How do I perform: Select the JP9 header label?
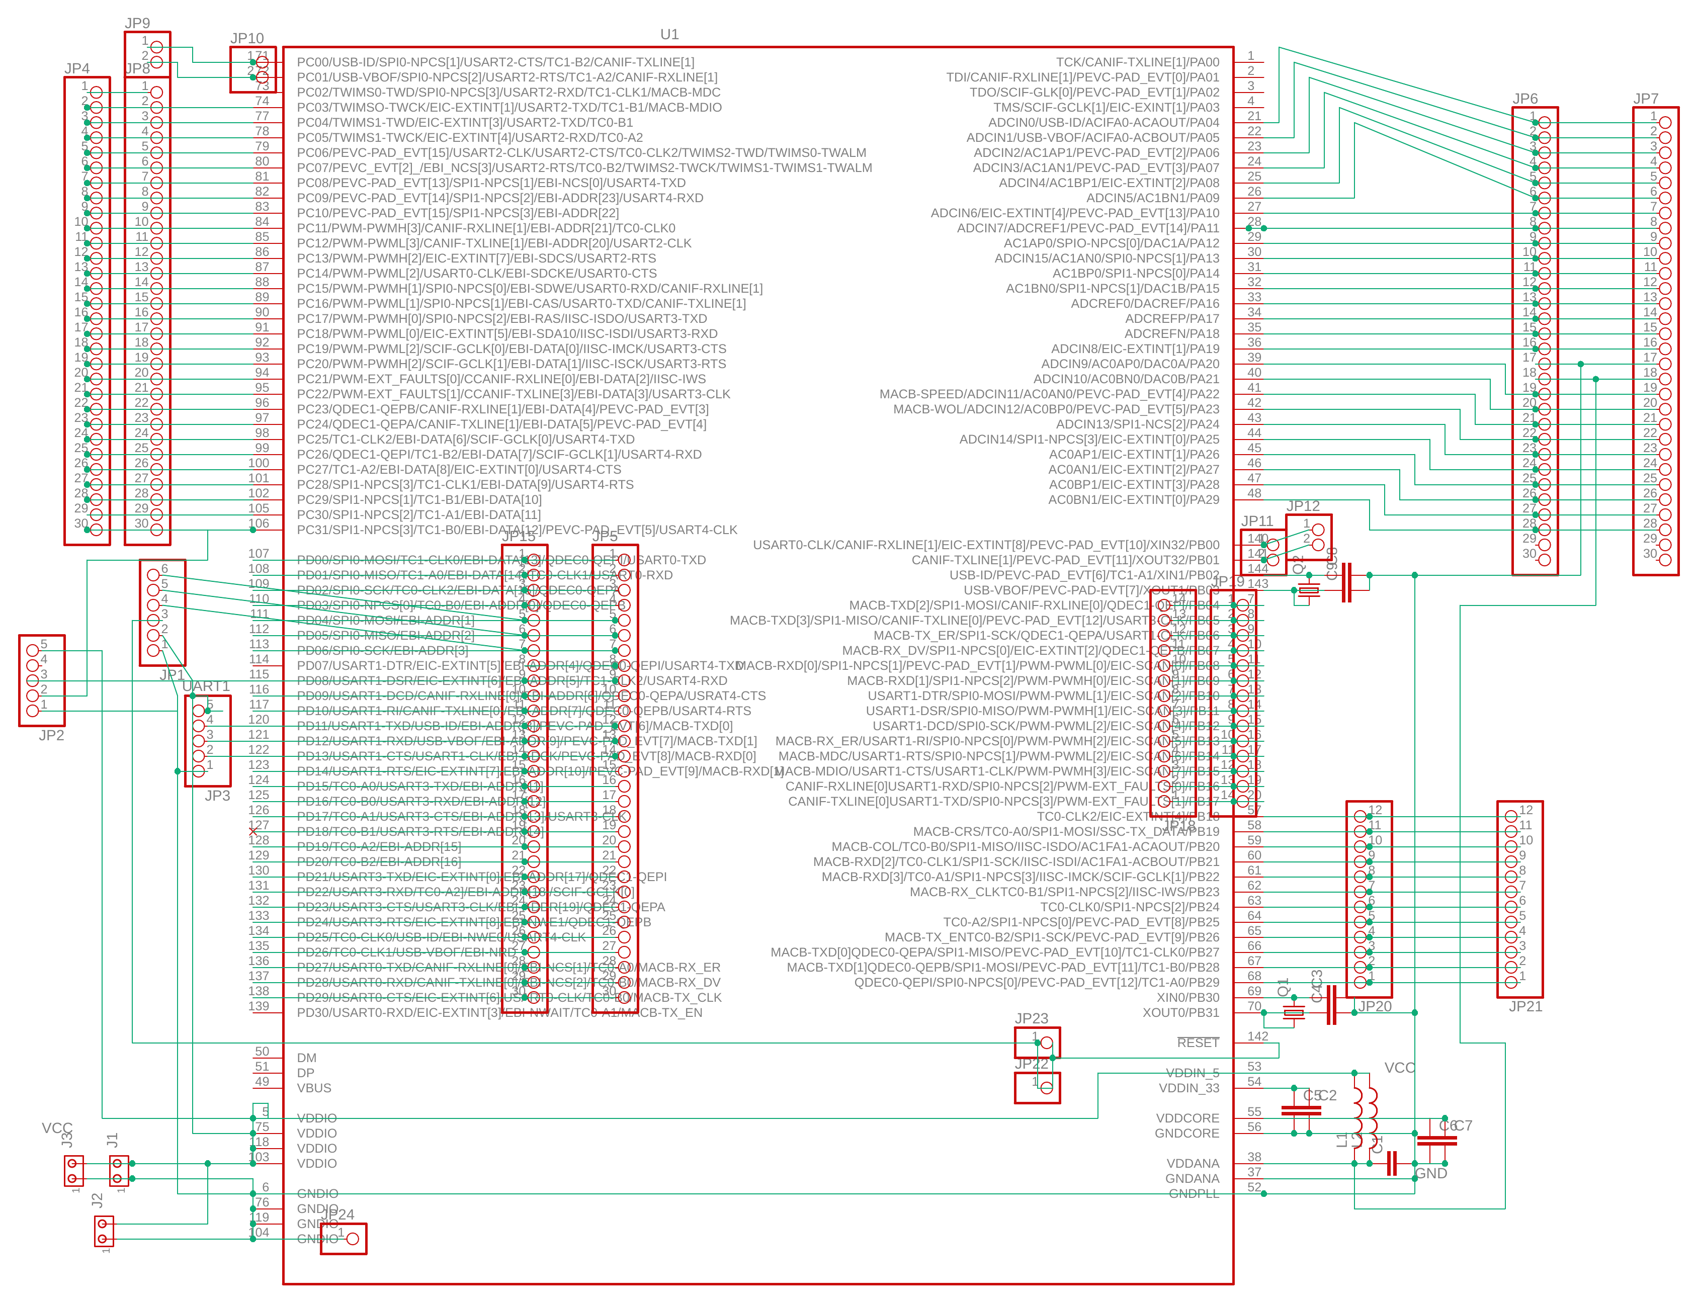point(137,23)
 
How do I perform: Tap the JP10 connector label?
point(246,38)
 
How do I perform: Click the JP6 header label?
point(1524,99)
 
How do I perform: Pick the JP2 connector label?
point(51,735)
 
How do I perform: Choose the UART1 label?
point(206,685)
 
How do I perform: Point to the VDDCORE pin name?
point(1187,1117)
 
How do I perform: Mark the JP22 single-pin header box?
point(1037,1087)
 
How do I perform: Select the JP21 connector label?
point(1525,1006)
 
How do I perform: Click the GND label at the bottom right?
point(1430,1173)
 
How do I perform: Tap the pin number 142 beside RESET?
point(1257,1036)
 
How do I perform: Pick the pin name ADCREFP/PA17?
point(1171,318)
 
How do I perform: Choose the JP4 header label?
point(77,68)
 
